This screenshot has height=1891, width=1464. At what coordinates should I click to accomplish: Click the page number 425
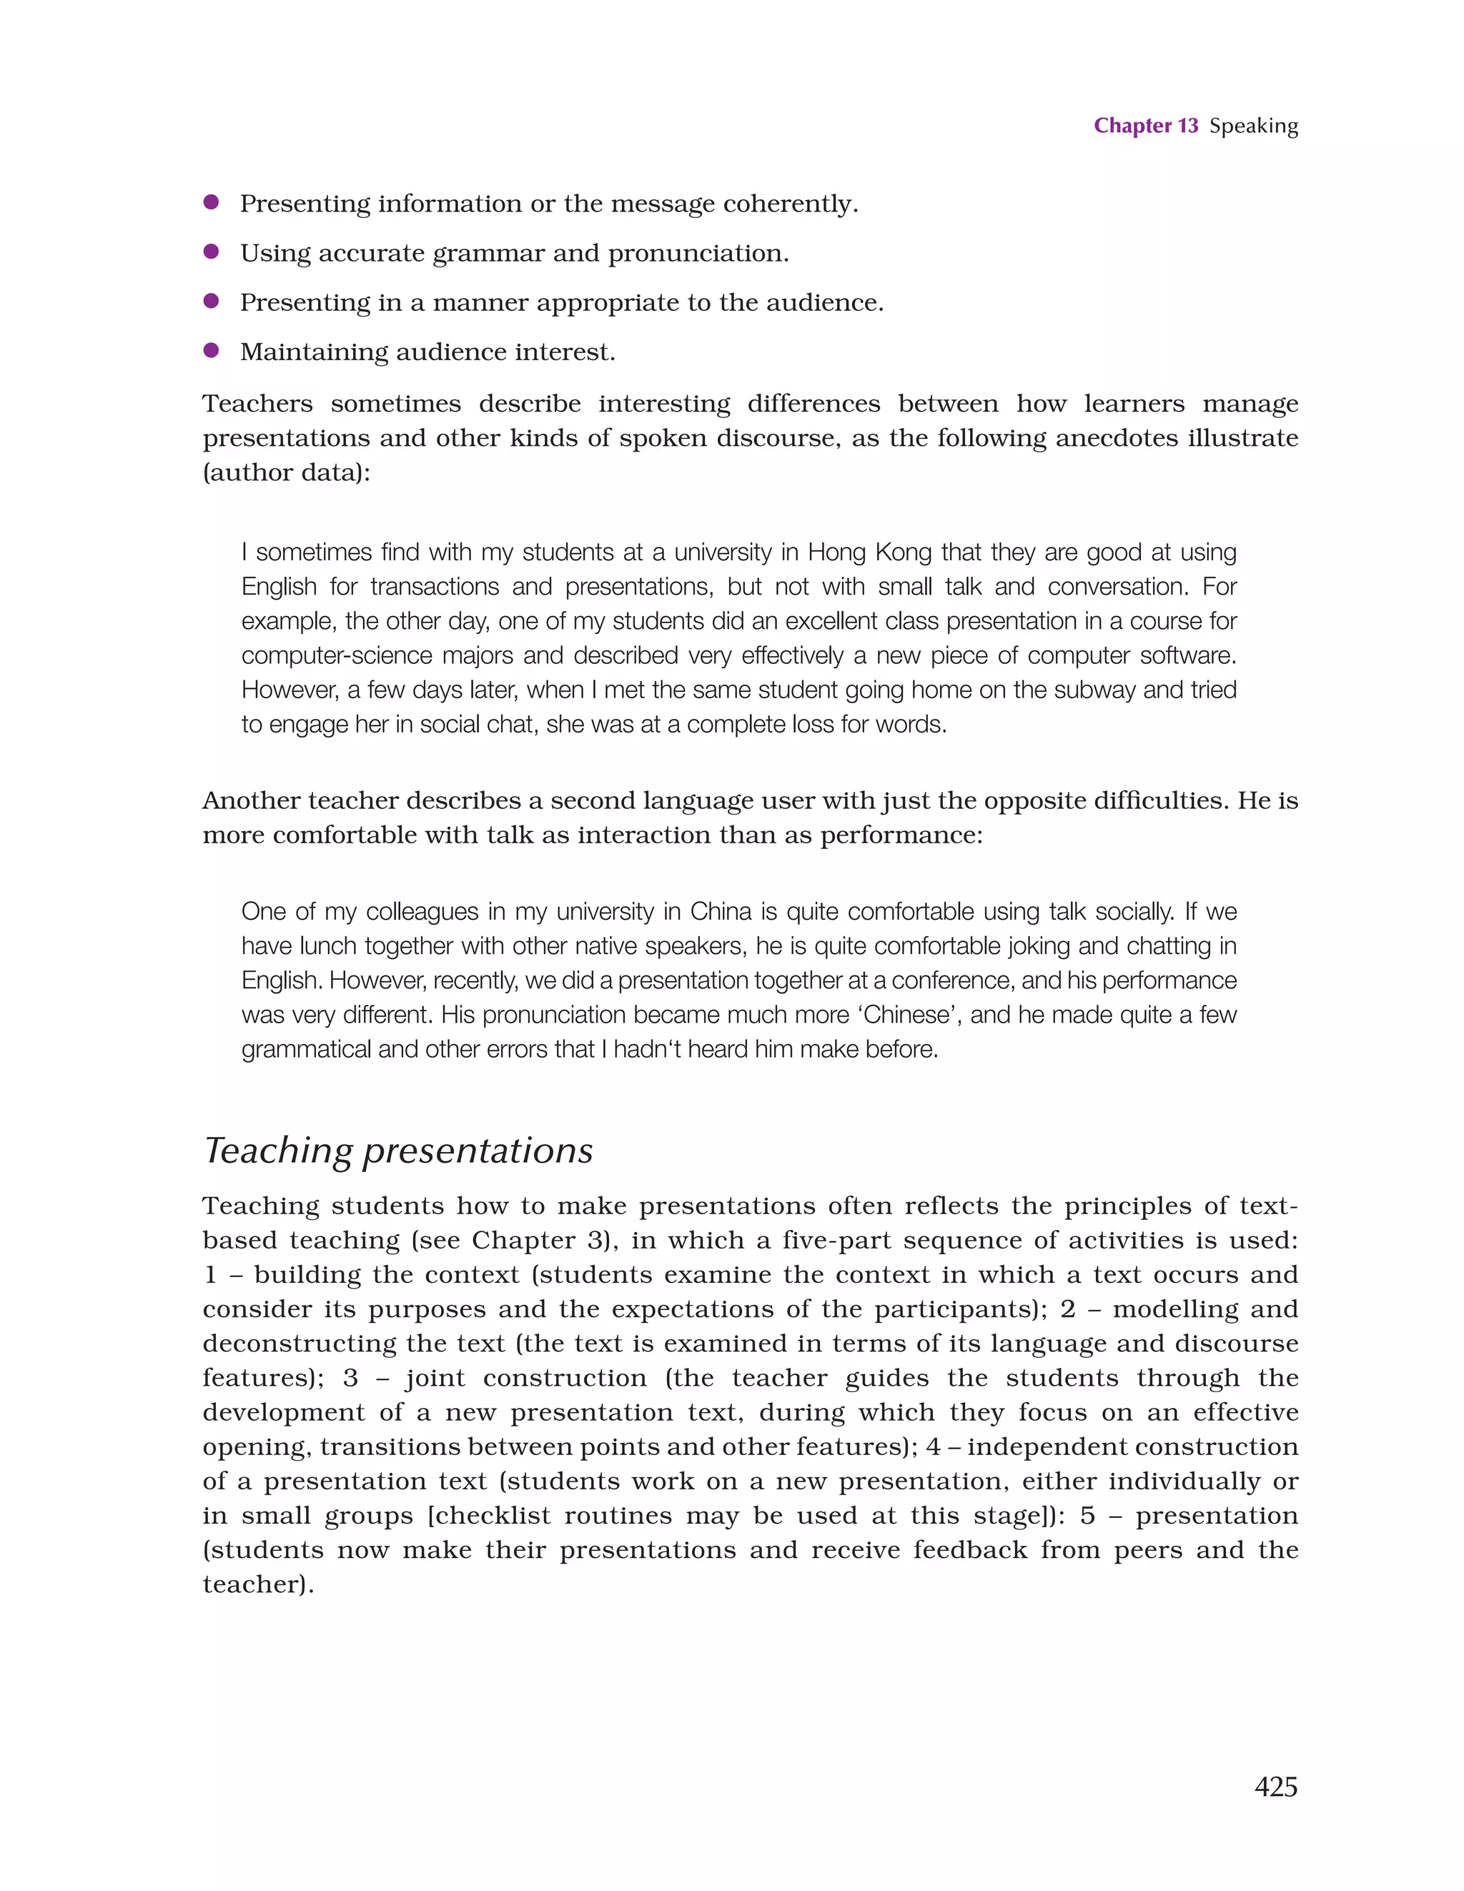(1275, 1786)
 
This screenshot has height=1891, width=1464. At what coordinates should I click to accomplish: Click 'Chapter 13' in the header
(1145, 126)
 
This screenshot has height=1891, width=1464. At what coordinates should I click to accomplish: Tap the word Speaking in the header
(1254, 126)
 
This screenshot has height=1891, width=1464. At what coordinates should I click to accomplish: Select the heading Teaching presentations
(398, 1151)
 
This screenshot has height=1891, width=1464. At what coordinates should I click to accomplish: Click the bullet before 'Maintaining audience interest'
(210, 349)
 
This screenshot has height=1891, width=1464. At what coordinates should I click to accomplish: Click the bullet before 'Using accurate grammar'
(210, 251)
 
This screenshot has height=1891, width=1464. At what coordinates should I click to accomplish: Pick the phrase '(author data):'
(286, 473)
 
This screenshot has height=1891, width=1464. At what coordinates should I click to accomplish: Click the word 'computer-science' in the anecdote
(335, 655)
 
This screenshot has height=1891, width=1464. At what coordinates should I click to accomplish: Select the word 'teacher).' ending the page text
(257, 1584)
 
